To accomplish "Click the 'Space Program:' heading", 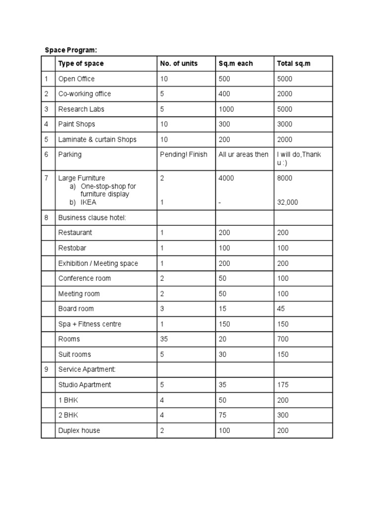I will tap(71, 50).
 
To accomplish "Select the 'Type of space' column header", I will tap(81, 64).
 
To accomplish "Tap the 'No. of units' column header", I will tap(179, 64).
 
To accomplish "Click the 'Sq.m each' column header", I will tap(236, 64).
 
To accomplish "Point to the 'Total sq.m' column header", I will tap(293, 64).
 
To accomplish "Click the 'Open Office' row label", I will tap(76, 79).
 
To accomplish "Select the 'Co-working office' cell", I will tap(84, 94).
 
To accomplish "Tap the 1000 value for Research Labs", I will tap(226, 109).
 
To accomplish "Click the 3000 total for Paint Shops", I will tap(285, 124).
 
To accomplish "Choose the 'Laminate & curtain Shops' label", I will tap(97, 140).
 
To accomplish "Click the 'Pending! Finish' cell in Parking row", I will tap(184, 155).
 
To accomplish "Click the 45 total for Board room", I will tap(281, 309).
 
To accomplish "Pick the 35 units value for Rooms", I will tap(164, 339).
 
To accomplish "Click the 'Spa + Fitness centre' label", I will tap(90, 324).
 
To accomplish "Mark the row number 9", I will tap(46, 369).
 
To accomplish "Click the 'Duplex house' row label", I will tap(79, 430).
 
